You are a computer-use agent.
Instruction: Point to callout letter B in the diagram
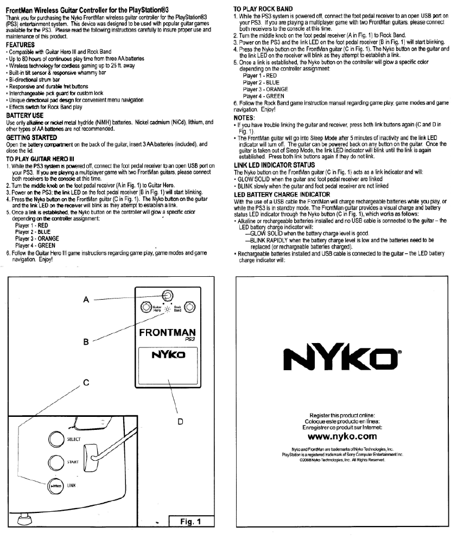pos(86,342)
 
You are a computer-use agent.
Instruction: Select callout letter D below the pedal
pos(179,421)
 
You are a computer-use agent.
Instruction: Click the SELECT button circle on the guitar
pos(56,439)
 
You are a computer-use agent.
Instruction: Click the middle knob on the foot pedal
pos(167,295)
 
